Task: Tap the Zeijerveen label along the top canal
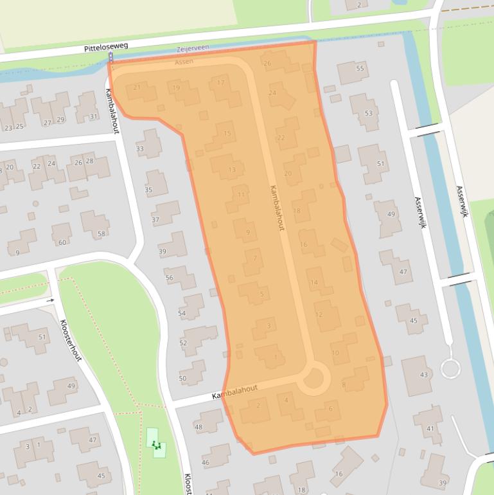pyautogui.click(x=193, y=48)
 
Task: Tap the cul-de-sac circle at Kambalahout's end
pyautogui.click(x=313, y=377)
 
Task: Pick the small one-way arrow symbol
pyautogui.click(x=51, y=300)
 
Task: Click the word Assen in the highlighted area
pyautogui.click(x=184, y=62)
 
